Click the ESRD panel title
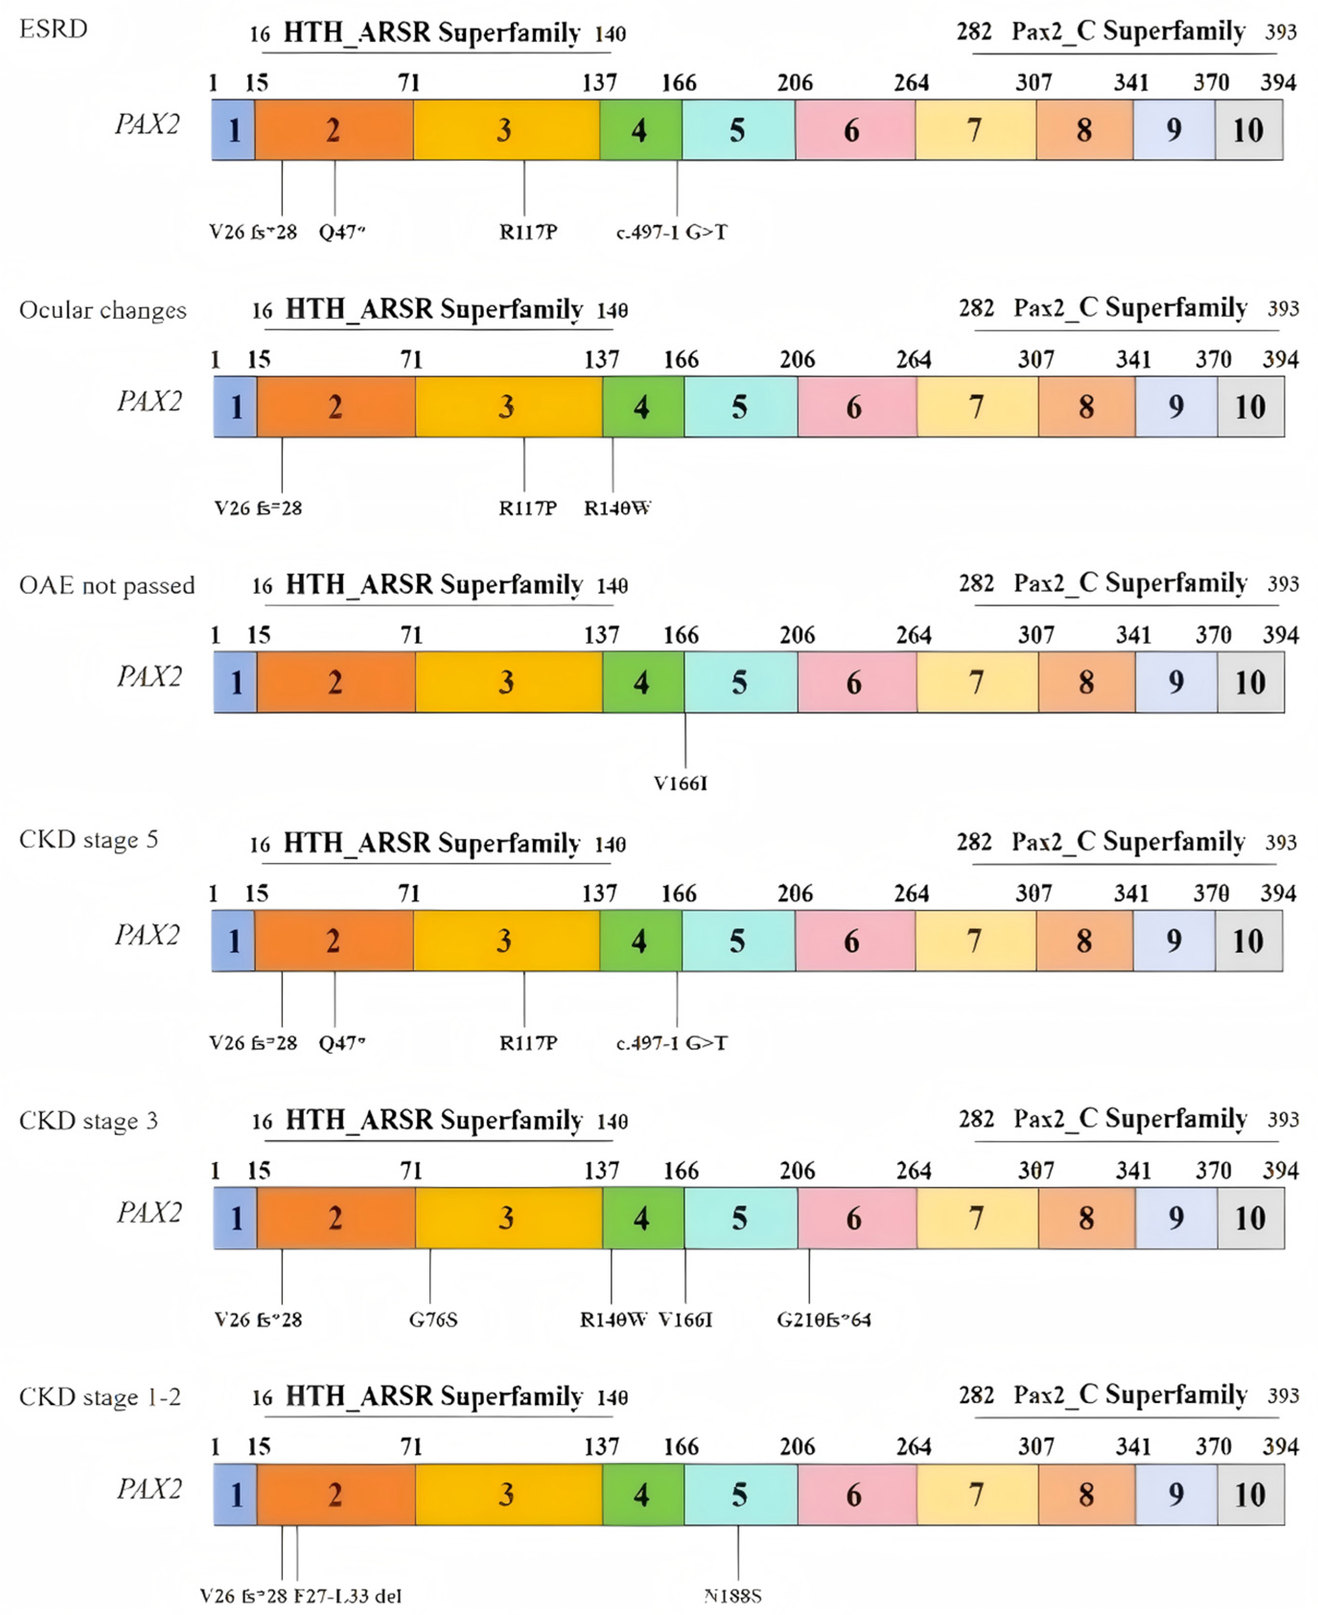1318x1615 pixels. [x=53, y=29]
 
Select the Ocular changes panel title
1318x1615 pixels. [x=103, y=310]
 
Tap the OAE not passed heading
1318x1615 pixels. [x=107, y=585]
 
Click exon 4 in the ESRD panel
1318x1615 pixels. [x=640, y=130]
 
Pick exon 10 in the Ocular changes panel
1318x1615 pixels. [x=1249, y=407]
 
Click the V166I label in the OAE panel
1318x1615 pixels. [x=681, y=783]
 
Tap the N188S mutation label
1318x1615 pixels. [x=733, y=1595]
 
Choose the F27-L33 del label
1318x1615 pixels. [x=348, y=1595]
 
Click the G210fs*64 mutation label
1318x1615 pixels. [x=824, y=1320]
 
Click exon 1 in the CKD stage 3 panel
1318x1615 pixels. [x=235, y=1218]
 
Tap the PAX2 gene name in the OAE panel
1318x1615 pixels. [x=150, y=676]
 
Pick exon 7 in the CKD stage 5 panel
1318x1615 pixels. [x=975, y=941]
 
